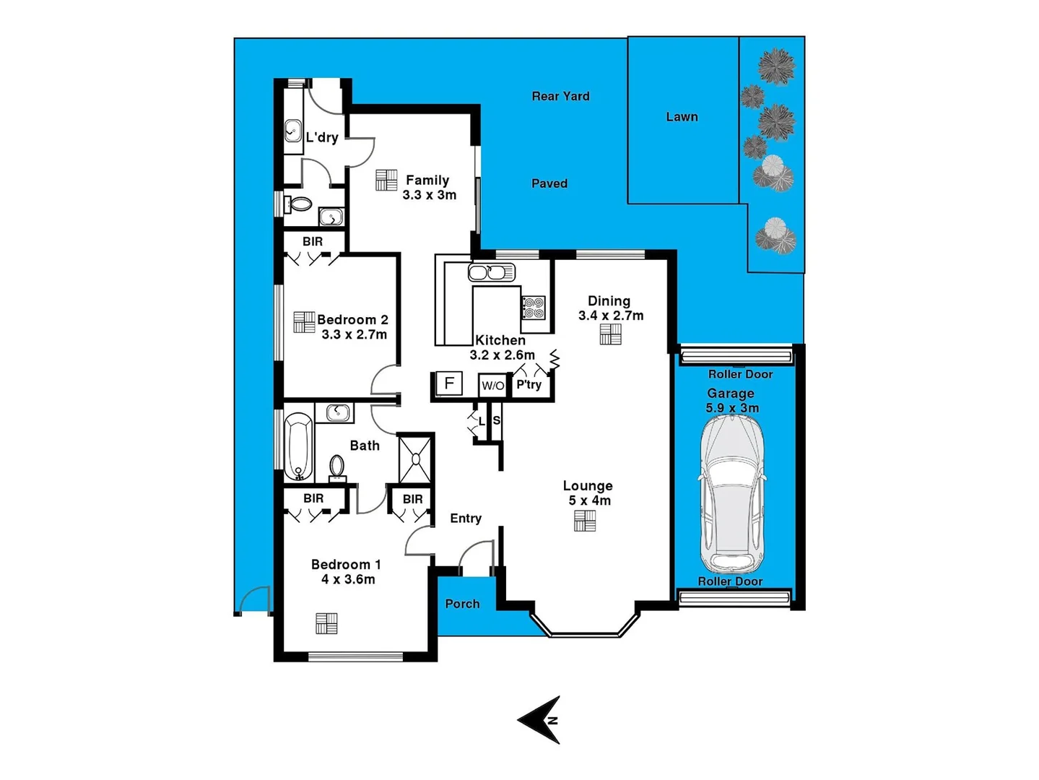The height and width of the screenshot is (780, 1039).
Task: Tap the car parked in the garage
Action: pyautogui.click(x=732, y=495)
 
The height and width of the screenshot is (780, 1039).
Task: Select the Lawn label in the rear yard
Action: pyautogui.click(x=682, y=117)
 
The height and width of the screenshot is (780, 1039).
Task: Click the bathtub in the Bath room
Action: pyautogui.click(x=298, y=446)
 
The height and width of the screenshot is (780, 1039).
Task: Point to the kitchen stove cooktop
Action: pyautogui.click(x=534, y=308)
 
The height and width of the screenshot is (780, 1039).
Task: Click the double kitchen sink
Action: pyautogui.click(x=491, y=272)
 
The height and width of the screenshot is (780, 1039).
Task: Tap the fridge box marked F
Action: pyautogui.click(x=449, y=383)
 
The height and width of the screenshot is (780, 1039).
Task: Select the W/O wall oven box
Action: pyautogui.click(x=492, y=386)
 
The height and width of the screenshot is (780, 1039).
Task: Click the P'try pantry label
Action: pyautogui.click(x=529, y=385)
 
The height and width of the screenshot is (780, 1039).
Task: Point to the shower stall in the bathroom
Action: pyautogui.click(x=416, y=459)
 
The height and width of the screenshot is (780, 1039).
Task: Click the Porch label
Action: pyautogui.click(x=462, y=604)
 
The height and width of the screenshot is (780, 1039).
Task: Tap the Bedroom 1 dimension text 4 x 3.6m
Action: pyautogui.click(x=348, y=579)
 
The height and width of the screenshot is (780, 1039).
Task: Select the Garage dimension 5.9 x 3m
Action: pyautogui.click(x=732, y=408)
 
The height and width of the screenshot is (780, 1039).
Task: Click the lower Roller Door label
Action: pyautogui.click(x=730, y=581)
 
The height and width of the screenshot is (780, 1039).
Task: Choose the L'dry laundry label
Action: pyautogui.click(x=322, y=137)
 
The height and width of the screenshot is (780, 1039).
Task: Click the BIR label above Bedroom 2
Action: pyautogui.click(x=313, y=242)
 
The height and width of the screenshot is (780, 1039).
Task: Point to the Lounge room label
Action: pyautogui.click(x=588, y=486)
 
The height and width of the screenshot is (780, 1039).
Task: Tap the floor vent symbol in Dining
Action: pyautogui.click(x=610, y=334)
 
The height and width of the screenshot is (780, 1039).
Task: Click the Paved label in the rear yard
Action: pyautogui.click(x=549, y=183)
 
